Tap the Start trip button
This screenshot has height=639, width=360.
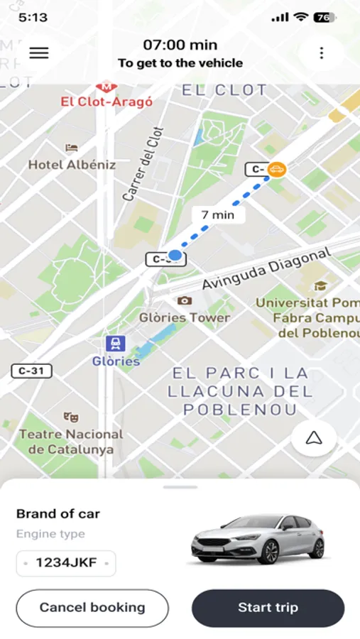coord(268,608)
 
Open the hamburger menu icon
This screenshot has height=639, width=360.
coord(39,53)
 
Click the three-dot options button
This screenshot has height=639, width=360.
coord(322,53)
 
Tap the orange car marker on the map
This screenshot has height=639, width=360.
coord(277,169)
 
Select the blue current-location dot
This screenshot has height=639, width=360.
coord(175,255)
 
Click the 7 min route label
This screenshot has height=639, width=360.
coord(218,214)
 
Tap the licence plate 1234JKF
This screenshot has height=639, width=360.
coord(66,564)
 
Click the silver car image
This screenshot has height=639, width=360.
coord(258,540)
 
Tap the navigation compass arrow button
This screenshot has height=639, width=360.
coord(314,439)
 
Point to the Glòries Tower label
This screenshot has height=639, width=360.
coord(185,317)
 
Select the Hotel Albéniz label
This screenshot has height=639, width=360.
coord(72,164)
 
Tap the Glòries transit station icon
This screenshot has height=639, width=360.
coord(115,344)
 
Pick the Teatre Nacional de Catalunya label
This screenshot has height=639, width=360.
coord(70,442)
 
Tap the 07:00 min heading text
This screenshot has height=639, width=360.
coord(180,45)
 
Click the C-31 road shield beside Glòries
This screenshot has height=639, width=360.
coord(31,371)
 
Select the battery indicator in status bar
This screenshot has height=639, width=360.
coord(324,17)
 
